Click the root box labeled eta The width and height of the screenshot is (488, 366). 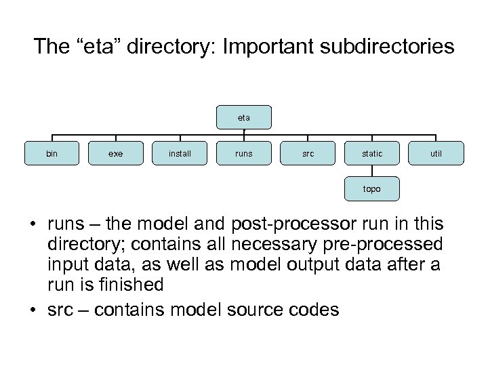coord(243,117)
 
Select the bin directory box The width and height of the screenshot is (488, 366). coord(52,154)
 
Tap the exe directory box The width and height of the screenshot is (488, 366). coord(115,154)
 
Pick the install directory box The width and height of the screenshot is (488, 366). coord(180,154)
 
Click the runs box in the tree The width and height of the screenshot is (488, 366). coord(243,154)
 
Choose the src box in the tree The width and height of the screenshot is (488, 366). coord(308,154)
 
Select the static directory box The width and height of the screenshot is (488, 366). coord(371,154)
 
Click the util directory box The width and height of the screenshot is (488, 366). coord(436,154)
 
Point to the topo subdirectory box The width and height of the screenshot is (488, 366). coord(371,189)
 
